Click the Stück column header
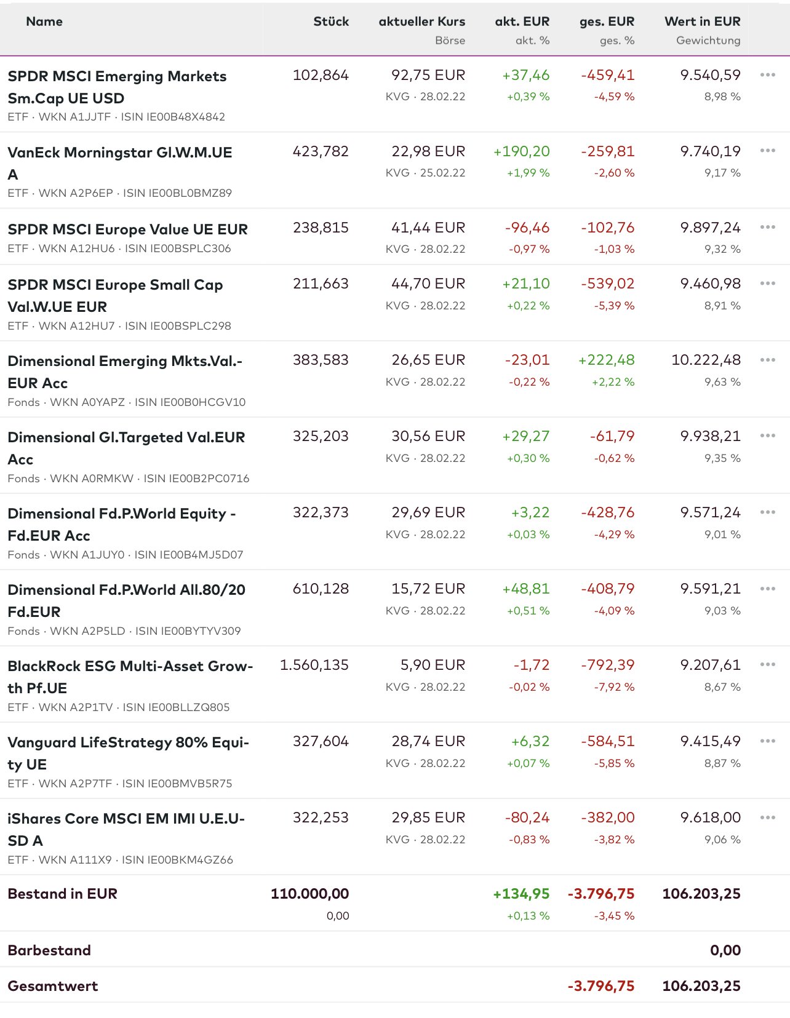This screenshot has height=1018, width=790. click(x=331, y=22)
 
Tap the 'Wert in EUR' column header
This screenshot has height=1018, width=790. click(x=702, y=22)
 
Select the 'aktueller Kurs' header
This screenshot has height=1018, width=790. click(x=421, y=22)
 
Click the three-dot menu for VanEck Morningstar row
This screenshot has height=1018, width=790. click(x=767, y=151)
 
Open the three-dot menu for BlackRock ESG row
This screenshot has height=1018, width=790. click(x=767, y=665)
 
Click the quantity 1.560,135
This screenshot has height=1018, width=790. click(x=314, y=665)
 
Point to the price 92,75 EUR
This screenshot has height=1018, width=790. click(x=428, y=75)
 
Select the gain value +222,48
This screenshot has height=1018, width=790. click(x=606, y=360)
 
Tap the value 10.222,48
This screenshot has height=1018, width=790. click(x=706, y=360)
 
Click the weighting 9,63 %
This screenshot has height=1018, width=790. click(x=722, y=382)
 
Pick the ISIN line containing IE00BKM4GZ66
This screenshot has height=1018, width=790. click(x=120, y=860)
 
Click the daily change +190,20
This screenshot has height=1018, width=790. click(x=521, y=151)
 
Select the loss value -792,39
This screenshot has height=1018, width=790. click(x=607, y=665)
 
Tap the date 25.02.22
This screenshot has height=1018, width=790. click(x=442, y=173)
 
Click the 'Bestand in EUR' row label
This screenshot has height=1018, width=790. click(x=62, y=894)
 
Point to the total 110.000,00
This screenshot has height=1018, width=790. click(x=309, y=894)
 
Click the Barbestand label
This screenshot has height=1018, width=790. click(x=49, y=950)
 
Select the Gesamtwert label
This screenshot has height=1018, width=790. click(x=53, y=986)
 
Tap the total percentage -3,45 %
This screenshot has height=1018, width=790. click(x=614, y=916)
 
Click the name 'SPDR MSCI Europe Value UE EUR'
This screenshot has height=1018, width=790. click(x=127, y=229)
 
